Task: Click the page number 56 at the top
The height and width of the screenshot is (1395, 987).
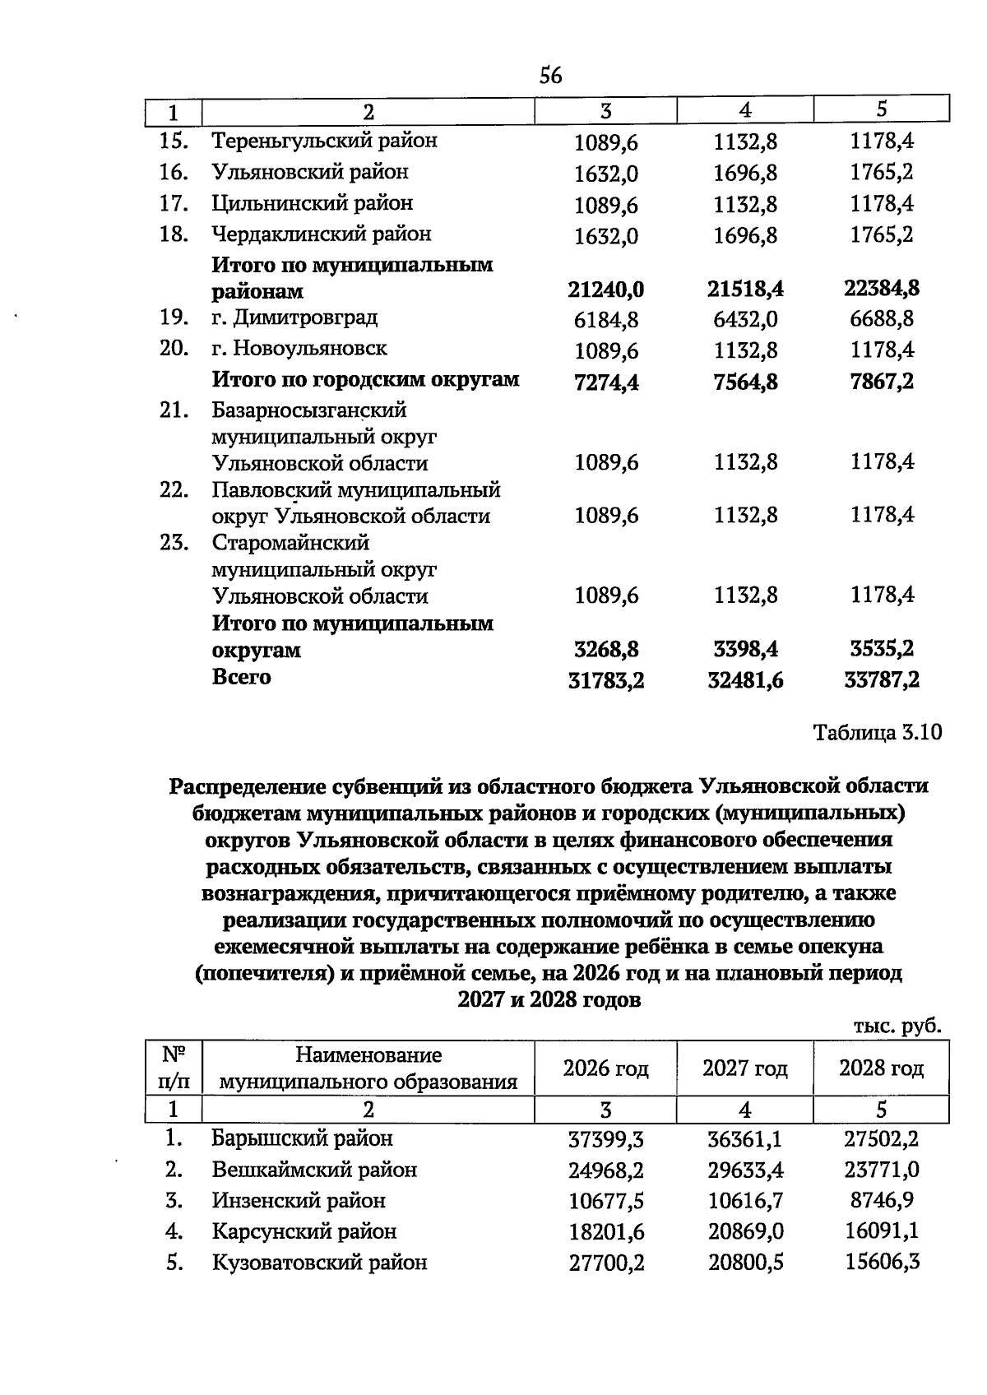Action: pos(550,76)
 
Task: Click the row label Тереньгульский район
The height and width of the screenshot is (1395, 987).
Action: pos(324,141)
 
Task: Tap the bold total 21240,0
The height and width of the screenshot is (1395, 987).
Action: pos(605,290)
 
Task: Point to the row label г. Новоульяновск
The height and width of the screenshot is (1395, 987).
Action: pos(299,349)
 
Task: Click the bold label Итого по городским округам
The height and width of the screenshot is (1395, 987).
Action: pos(365,380)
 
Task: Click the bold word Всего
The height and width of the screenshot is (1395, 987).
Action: pos(241,677)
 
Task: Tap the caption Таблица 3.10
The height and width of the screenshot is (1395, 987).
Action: pos(877,732)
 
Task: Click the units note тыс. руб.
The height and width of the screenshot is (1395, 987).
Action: pos(897,1026)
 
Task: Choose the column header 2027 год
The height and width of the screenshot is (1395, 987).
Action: pos(744,1068)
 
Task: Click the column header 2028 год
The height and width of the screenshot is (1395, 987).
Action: pos(881,1068)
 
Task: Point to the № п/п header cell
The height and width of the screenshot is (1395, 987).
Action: pos(174,1068)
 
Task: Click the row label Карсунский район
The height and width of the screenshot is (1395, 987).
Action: pos(304,1231)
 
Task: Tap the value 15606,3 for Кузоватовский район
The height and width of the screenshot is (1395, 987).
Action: pos(882,1262)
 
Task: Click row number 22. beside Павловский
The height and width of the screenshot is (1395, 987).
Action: pos(174,490)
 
